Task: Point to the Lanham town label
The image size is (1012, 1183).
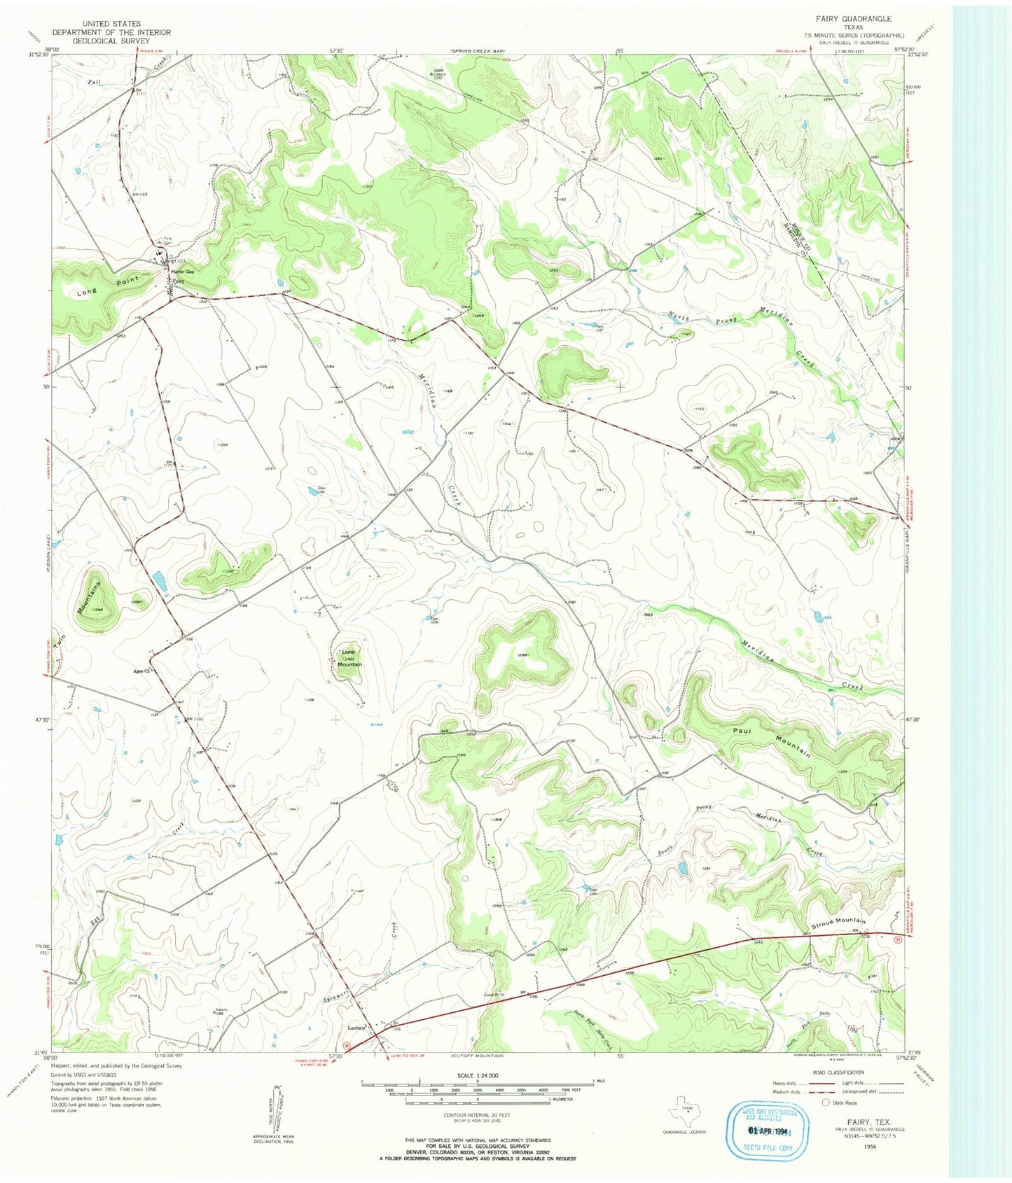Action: (x=359, y=1028)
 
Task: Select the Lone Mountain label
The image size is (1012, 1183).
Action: (x=349, y=659)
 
